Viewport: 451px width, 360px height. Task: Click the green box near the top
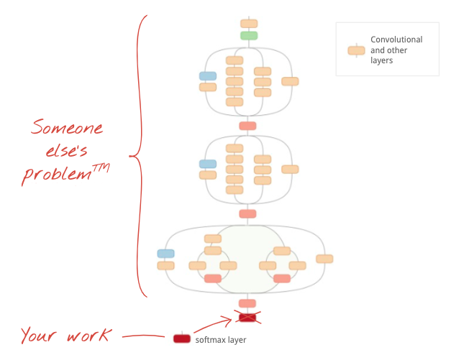click(249, 35)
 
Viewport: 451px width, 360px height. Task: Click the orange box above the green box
click(249, 24)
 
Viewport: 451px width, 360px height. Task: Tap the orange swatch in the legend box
click(356, 50)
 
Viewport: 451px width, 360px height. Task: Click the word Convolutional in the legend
click(396, 40)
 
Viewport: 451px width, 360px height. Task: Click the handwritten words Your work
click(65, 335)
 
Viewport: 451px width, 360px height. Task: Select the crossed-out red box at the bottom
click(247, 317)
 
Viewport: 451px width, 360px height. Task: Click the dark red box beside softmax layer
click(182, 338)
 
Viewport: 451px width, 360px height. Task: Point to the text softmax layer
click(221, 340)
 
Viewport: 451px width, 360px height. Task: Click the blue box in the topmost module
click(208, 75)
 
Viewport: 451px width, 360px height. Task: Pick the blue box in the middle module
click(208, 164)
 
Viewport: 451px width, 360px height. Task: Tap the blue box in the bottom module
click(165, 253)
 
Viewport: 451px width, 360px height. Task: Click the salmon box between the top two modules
click(247, 126)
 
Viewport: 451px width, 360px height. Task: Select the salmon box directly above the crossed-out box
click(247, 303)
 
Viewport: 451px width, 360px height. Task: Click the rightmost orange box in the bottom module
click(324, 259)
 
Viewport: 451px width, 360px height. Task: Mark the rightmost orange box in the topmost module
click(290, 81)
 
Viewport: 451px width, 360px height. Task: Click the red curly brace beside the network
click(139, 154)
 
